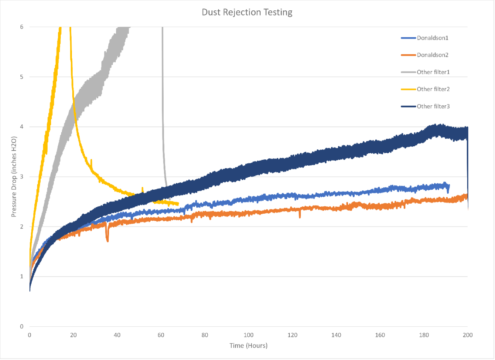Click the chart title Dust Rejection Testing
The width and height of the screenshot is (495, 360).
[247, 12]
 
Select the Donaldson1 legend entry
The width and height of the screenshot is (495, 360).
[432, 38]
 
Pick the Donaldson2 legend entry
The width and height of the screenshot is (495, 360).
[432, 55]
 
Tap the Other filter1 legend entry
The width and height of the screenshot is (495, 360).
[433, 72]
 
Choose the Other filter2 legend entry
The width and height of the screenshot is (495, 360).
[433, 89]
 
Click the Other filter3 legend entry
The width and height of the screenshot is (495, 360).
[433, 106]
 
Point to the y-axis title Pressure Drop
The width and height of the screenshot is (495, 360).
[14, 176]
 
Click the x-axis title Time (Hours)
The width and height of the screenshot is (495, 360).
[248, 345]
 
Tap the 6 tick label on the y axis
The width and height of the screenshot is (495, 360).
[22, 27]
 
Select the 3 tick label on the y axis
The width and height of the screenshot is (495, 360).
[22, 177]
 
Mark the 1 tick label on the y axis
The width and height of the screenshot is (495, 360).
[22, 276]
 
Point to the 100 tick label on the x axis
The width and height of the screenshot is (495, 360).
[249, 334]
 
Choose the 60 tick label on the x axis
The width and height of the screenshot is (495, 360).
[161, 334]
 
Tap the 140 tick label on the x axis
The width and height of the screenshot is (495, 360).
[336, 334]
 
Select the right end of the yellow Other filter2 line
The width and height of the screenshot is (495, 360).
[178, 204]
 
